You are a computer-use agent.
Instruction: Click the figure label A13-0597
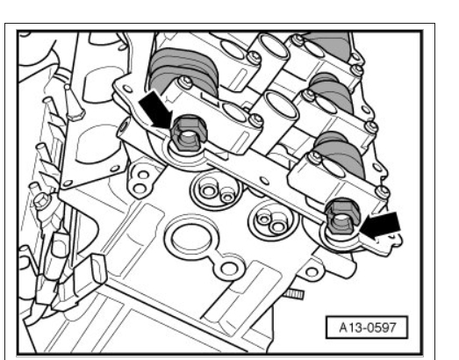(x=367, y=328)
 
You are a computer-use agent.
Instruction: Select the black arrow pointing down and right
(x=155, y=109)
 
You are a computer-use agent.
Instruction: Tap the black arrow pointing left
(x=380, y=226)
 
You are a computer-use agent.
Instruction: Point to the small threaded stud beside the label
(x=294, y=293)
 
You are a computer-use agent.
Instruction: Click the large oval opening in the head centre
(x=191, y=236)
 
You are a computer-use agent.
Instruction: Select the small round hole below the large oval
(x=229, y=269)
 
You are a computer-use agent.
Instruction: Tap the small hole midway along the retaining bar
(x=265, y=181)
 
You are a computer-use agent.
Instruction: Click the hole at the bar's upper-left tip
(x=127, y=89)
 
